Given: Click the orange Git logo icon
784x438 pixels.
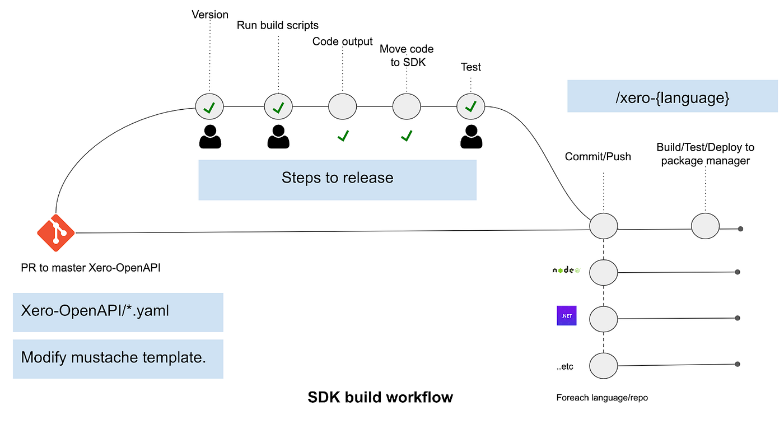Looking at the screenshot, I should [56, 233].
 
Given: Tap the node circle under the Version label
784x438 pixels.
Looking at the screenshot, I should [209, 106].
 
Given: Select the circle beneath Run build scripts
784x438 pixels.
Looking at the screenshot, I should [278, 106].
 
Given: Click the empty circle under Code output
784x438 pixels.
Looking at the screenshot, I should [342, 106].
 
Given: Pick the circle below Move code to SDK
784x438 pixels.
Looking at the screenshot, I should [407, 106].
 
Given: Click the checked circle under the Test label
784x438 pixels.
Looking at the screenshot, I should [471, 106].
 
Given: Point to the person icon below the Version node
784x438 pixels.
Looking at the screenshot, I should [210, 137].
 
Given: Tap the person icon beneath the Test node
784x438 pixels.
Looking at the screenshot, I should [471, 137].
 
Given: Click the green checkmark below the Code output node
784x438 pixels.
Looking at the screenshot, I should [343, 135].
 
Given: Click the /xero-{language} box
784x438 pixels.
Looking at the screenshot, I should [672, 96].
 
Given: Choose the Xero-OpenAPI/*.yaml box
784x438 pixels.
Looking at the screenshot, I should [118, 312].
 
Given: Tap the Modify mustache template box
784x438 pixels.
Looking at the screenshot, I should [118, 358].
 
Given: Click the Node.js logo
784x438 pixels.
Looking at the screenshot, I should [566, 271].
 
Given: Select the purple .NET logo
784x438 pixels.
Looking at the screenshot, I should [566, 316].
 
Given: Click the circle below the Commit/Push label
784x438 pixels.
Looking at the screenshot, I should [604, 227].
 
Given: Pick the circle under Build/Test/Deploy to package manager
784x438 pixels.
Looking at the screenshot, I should [705, 227].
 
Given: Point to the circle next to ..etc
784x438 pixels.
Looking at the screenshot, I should [604, 366].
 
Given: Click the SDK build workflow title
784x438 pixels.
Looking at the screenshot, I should [380, 398].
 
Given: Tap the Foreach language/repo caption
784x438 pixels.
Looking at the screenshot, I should [602, 398].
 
